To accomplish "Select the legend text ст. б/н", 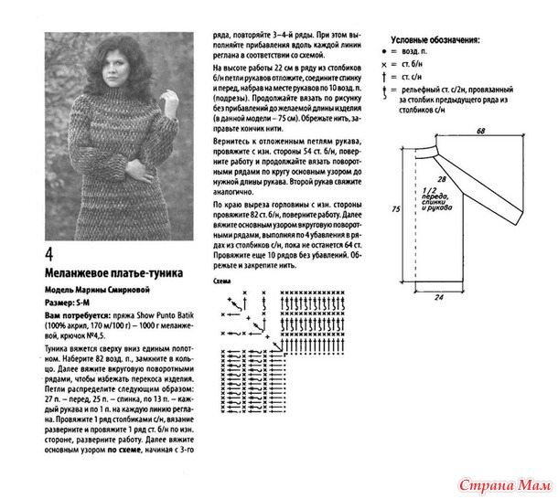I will coord(429,67).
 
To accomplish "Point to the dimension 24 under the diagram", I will coord(439,297).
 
